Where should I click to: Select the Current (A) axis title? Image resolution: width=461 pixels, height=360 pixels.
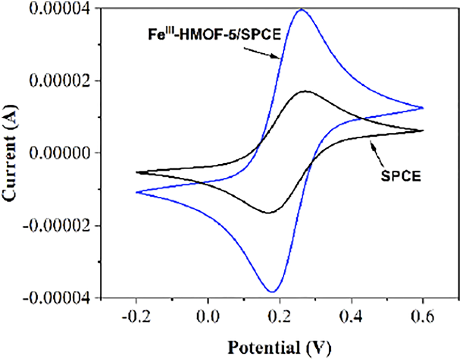[x=11, y=153]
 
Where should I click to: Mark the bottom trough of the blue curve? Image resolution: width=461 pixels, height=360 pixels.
[x=272, y=292]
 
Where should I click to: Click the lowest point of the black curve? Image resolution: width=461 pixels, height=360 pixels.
[x=268, y=212]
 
